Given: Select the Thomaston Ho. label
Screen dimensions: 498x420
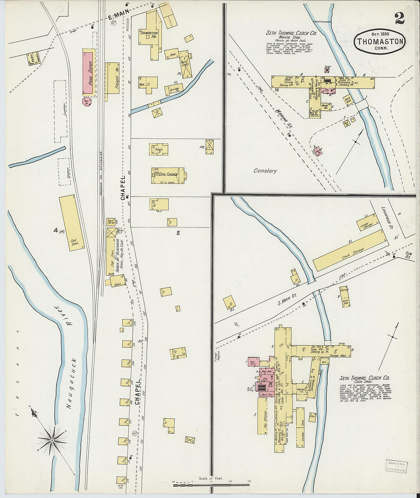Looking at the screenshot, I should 149,34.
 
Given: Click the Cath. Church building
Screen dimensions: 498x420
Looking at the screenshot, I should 168,175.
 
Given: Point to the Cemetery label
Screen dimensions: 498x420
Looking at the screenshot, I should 265,171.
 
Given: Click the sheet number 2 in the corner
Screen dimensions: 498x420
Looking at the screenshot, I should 399,18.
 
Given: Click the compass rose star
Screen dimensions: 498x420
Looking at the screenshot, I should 52,440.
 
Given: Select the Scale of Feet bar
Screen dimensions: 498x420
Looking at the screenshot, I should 211,485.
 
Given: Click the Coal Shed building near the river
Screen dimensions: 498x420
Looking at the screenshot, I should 72,223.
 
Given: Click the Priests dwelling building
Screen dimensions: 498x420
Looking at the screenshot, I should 158,149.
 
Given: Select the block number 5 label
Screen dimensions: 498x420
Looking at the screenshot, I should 178,232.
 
